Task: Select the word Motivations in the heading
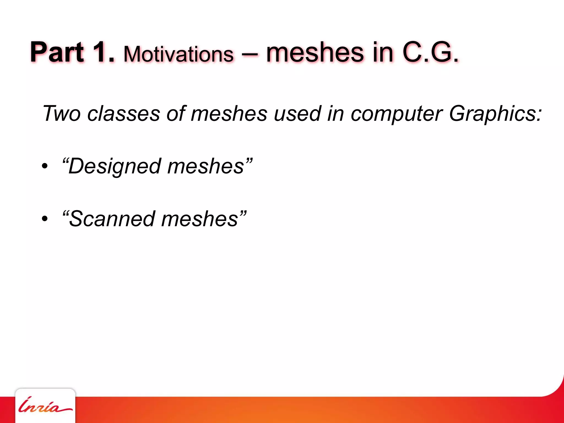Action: click(178, 54)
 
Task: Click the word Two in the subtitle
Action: click(62, 113)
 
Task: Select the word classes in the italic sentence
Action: click(124, 113)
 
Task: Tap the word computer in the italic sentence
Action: click(397, 113)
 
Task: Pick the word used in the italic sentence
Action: click(297, 113)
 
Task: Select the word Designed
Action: click(114, 166)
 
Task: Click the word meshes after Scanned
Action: click(200, 219)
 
